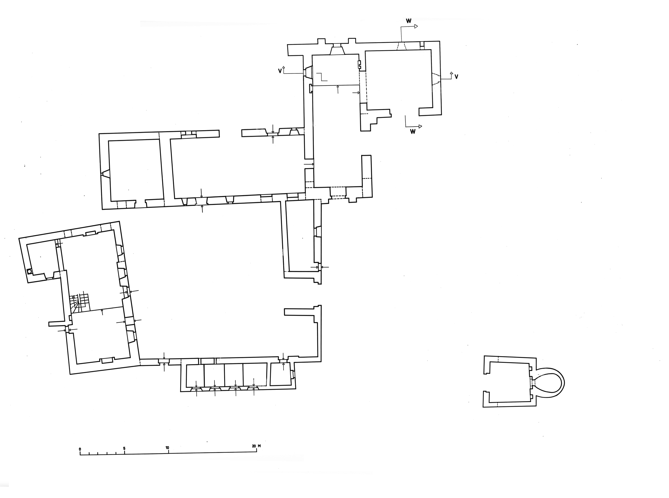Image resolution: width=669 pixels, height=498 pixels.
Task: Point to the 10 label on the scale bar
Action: (x=167, y=448)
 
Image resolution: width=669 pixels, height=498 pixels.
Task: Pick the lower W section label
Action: (x=413, y=131)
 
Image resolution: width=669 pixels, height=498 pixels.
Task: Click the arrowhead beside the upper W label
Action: (x=416, y=26)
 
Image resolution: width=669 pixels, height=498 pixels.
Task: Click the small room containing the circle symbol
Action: (x=42, y=259)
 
